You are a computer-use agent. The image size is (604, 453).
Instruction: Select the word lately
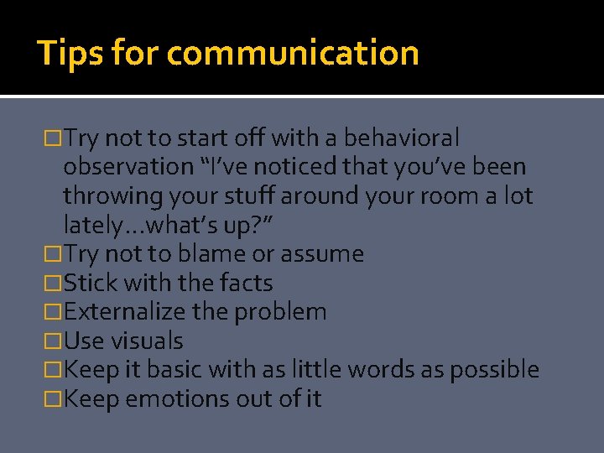(x=90, y=225)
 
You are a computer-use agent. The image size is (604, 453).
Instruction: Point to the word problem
(x=281, y=312)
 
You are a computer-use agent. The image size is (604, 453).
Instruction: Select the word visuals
(x=147, y=341)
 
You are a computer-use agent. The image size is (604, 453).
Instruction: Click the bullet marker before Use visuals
(x=53, y=341)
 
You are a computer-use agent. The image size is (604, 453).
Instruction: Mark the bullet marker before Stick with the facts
(x=53, y=284)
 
